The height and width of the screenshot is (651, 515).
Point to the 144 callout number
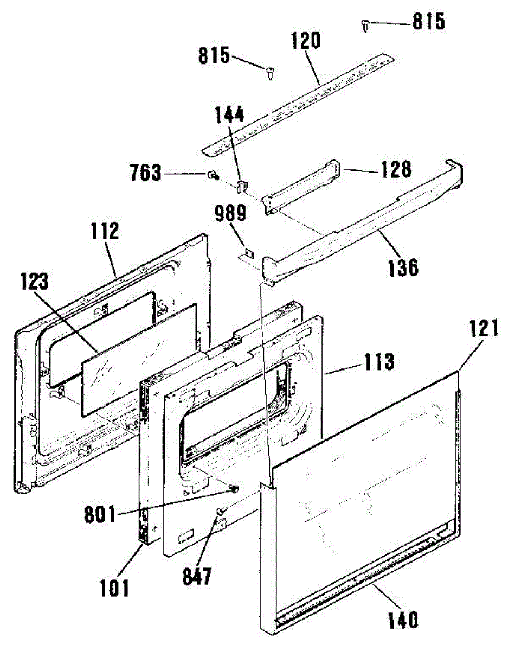tap(230, 115)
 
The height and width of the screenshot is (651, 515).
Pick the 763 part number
tap(145, 174)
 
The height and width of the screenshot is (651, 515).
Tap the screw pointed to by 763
tap(212, 175)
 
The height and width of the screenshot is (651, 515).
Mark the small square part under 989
tap(249, 253)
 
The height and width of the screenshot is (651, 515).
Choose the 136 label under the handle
tap(402, 267)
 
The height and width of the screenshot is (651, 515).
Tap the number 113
tap(378, 362)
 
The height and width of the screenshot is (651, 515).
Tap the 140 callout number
tap(402, 619)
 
